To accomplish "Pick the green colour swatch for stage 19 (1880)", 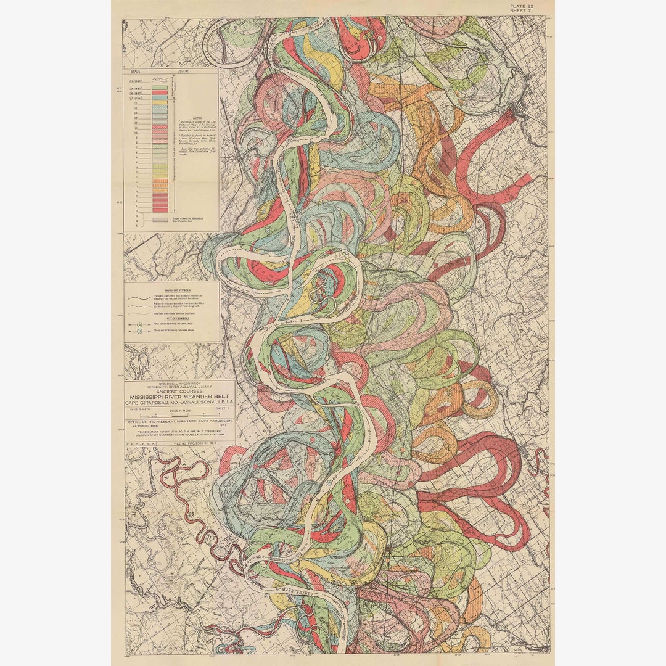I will click(160, 86).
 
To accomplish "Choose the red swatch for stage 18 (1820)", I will click(160, 92).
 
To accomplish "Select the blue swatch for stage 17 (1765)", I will click(160, 97).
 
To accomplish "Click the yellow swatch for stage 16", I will click(160, 103).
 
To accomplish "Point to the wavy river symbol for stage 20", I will click(160, 80).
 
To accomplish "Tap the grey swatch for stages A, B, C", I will click(160, 219).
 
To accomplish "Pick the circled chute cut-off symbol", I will click(139, 332).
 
